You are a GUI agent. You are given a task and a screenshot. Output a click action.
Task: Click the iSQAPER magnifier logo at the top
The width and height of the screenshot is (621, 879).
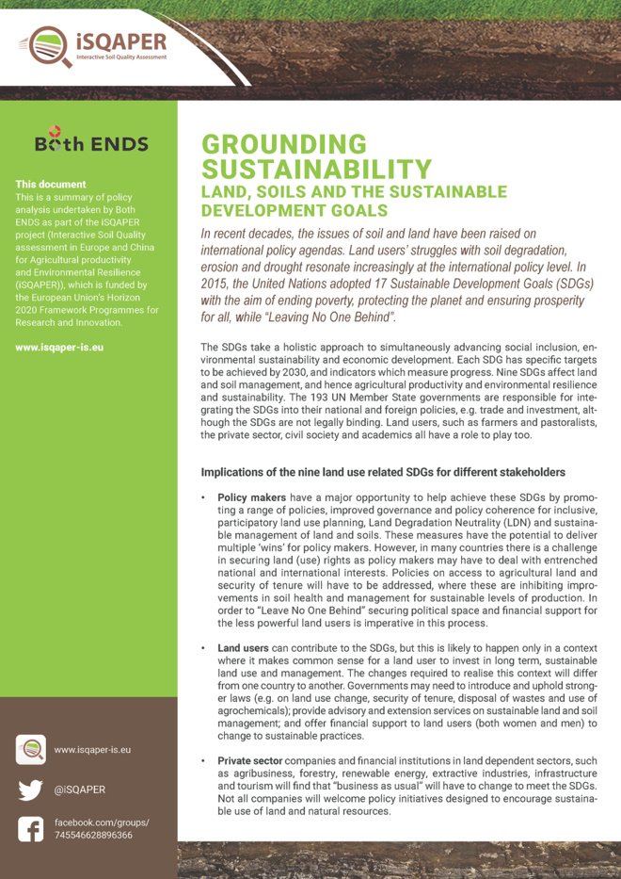point(44,46)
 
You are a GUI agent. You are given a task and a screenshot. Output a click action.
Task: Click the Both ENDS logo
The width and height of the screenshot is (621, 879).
point(90,142)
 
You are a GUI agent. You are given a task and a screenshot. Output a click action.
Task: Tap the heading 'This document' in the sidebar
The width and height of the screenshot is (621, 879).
point(51,185)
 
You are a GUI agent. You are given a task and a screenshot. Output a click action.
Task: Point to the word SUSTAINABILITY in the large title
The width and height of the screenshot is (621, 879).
point(317,170)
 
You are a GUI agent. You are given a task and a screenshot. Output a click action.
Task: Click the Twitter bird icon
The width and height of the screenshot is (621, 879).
point(31,789)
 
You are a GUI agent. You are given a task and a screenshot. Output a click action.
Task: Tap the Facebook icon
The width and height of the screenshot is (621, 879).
point(31,828)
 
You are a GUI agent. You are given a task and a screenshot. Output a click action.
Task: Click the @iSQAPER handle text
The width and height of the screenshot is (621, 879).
point(80,789)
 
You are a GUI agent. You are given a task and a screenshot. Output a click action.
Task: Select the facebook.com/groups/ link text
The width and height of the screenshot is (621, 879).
point(102,822)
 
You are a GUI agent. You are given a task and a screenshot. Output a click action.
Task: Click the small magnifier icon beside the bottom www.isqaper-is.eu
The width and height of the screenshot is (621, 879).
point(31,750)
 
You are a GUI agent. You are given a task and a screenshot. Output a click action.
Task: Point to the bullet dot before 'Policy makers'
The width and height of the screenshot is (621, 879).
point(204,496)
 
